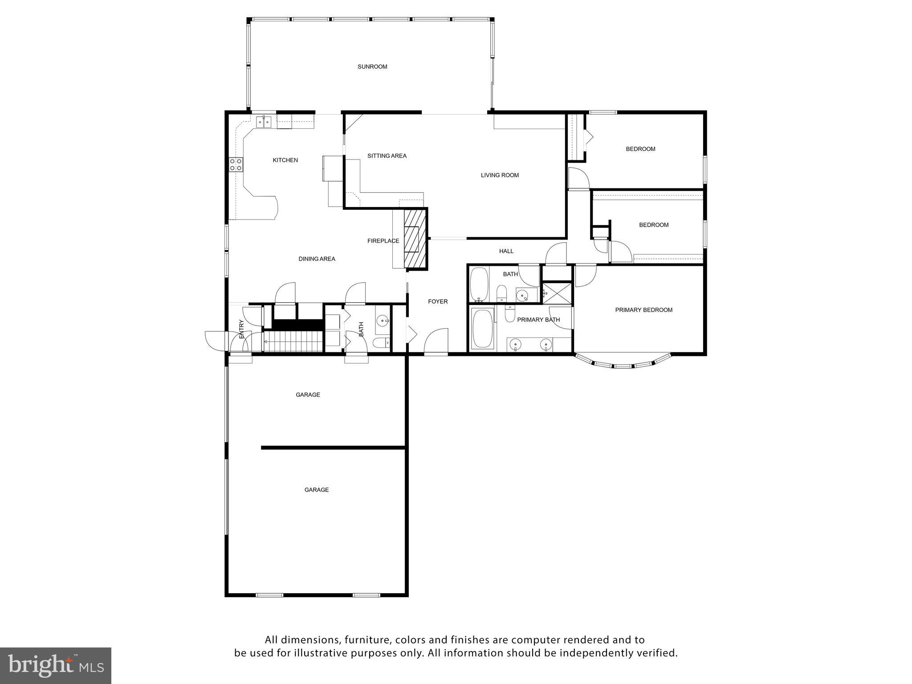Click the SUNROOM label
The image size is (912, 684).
point(372,67)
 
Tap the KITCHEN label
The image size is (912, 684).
point(285,160)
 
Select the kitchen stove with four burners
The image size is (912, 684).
point(236,165)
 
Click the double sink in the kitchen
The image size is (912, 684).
point(264,121)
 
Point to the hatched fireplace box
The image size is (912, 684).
point(415,239)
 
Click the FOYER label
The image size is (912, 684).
point(438,301)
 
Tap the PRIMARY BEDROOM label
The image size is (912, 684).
point(643,310)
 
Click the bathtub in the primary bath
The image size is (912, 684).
point(482,329)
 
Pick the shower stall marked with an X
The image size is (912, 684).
point(557,293)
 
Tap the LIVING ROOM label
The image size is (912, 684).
point(500,175)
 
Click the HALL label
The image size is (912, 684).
point(506,251)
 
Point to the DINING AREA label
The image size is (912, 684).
point(317,259)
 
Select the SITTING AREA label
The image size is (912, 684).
point(387,156)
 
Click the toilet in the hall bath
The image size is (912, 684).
point(501,293)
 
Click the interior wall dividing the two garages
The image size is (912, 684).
point(333,448)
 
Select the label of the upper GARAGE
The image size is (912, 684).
point(308,395)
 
